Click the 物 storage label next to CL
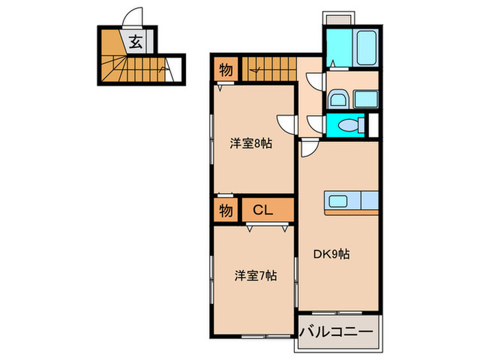[226, 211]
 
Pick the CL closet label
[264, 211]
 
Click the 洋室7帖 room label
[255, 276]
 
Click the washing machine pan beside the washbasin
[365, 97]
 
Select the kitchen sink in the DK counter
[340, 201]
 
